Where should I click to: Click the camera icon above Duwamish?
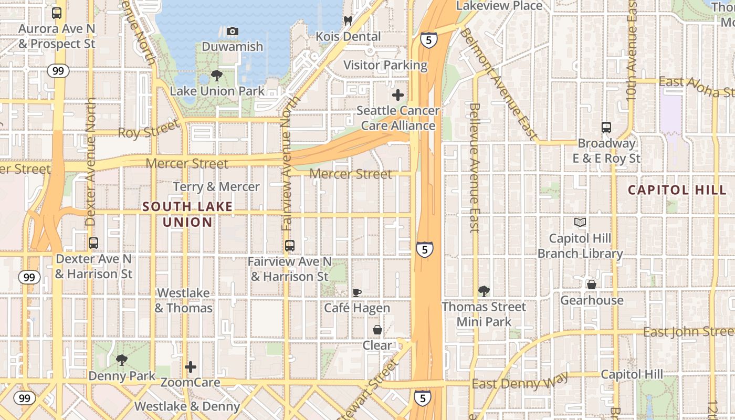pos(233,31)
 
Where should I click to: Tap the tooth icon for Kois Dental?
pos(347,21)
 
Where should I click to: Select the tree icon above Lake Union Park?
pos(216,76)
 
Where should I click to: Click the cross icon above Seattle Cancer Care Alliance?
pos(398,95)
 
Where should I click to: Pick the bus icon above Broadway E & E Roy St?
pos(606,128)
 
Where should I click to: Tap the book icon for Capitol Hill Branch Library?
pos(580,223)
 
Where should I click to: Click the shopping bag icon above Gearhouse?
pos(592,285)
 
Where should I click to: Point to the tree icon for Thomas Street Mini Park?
pos(484,291)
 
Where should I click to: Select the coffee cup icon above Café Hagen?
pos(357,292)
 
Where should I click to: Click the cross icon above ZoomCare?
pos(191,366)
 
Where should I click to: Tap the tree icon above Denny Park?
pos(122,360)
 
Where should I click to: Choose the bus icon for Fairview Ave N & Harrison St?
pos(289,245)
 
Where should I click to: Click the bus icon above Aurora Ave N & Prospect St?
pos(57,13)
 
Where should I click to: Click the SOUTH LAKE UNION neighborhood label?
pos(187,214)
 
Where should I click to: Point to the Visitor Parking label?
pos(385,65)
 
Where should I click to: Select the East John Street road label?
pos(688,332)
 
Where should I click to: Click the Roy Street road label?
pos(148,129)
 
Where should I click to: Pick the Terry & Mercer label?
pos(216,187)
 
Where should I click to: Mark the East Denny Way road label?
pos(520,382)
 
